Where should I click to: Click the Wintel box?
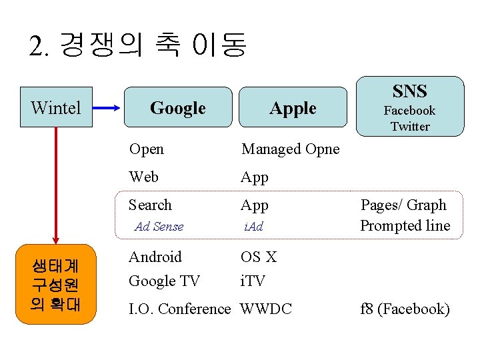(x=56, y=107)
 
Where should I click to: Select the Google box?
(x=177, y=107)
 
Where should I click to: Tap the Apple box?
(x=293, y=107)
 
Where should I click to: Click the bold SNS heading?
(x=409, y=91)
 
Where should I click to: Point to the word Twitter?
(x=409, y=126)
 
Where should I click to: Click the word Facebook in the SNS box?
(x=409, y=111)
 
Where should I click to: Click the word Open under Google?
(x=146, y=149)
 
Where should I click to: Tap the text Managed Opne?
(x=290, y=149)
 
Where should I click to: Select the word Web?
(x=143, y=177)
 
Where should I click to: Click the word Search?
(x=150, y=205)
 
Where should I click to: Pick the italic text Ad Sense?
(x=159, y=227)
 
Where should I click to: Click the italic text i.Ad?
(x=253, y=227)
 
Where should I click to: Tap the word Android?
(x=155, y=257)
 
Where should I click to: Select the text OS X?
(x=258, y=257)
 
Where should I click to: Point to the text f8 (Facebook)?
(x=405, y=309)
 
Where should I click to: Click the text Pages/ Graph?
(x=403, y=205)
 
